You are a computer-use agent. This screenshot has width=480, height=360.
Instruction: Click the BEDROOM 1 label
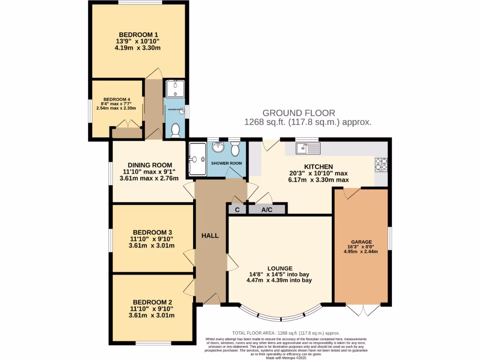coord(138,34)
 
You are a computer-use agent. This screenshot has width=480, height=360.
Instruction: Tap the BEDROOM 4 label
coord(116,99)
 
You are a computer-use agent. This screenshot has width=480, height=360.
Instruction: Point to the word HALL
coord(210,235)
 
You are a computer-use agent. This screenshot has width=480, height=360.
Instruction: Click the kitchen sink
coord(308,149)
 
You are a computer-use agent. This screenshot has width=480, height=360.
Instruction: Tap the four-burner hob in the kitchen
coord(381,165)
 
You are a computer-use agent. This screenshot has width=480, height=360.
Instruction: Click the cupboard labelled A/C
coord(267,210)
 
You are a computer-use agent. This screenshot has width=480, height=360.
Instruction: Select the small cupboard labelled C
coord(237,210)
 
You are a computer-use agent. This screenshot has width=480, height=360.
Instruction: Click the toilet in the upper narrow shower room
coord(176,130)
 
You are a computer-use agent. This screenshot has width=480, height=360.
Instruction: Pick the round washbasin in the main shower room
coord(217,148)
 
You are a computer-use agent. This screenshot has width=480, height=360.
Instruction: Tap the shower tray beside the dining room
coord(196,159)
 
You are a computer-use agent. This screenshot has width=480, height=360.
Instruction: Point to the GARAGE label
coord(360,241)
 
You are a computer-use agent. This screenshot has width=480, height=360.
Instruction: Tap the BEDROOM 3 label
coord(152,232)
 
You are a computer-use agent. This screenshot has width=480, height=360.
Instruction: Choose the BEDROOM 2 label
coord(152,302)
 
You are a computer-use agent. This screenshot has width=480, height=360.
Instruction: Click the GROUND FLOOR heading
coord(299,113)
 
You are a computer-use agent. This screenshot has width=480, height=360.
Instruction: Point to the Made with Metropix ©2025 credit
coord(286,358)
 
